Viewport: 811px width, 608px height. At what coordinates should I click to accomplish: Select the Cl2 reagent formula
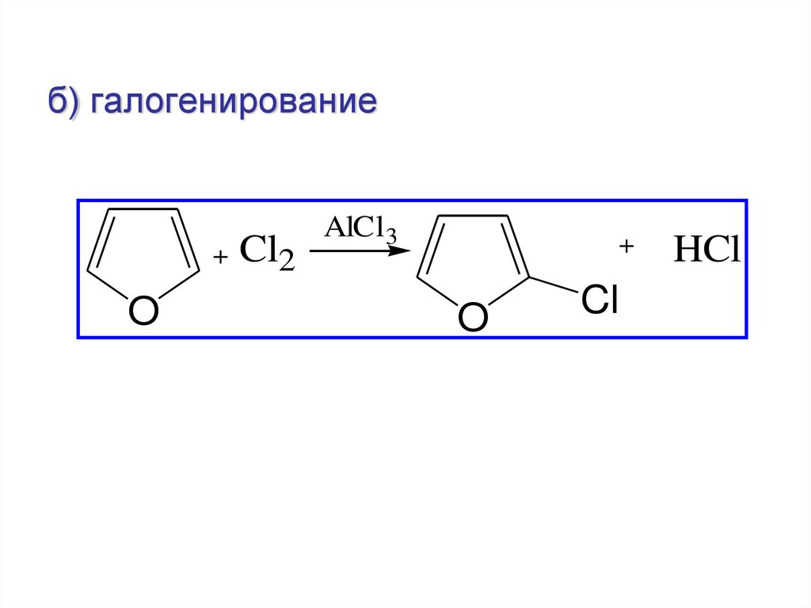[x=266, y=254]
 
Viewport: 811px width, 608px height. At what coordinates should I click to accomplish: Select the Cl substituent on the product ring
[x=599, y=301]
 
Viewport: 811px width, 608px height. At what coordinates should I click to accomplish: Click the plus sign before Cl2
[x=220, y=257]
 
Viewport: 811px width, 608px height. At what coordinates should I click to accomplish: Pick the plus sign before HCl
[x=627, y=247]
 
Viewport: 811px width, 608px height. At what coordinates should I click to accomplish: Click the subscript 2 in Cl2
[x=285, y=262]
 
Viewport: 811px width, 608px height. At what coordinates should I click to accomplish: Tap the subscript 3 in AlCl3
[x=390, y=235]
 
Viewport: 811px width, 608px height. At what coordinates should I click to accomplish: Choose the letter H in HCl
[x=685, y=252]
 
